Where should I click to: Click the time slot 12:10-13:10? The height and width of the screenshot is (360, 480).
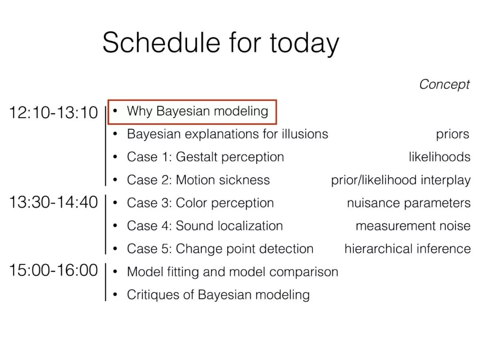coord(54,112)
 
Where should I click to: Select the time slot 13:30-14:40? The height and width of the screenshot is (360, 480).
coord(54,202)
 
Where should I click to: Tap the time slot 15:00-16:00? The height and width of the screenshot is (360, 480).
coord(54,270)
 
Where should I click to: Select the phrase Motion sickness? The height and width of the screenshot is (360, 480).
coord(223,180)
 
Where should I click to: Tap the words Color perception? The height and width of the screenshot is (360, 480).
coord(225,203)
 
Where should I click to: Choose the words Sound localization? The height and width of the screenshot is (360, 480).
coord(229,226)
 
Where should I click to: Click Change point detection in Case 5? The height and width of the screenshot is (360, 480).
coord(244,249)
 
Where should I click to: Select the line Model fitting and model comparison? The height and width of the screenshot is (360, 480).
coord(232,272)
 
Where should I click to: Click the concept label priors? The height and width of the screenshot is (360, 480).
coord(453,135)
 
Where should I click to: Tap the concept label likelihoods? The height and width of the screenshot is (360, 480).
coord(440,157)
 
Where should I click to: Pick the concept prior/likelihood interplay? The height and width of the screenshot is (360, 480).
coord(401,180)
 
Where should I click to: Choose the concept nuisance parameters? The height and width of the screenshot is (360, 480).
coord(409,203)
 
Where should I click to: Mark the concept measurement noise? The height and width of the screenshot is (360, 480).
coord(413,226)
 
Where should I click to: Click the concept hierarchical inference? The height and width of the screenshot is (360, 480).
coord(408,249)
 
